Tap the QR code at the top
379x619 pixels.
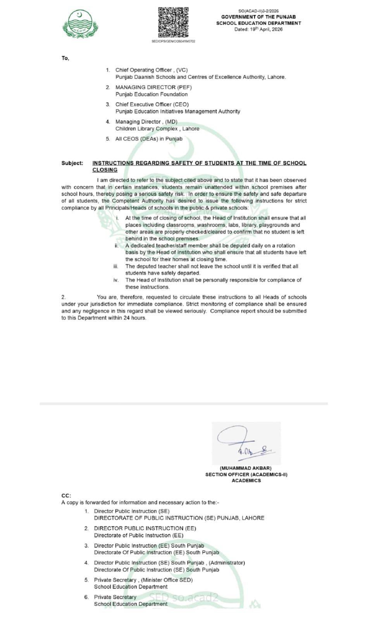click(x=173, y=22)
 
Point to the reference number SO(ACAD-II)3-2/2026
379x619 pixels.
click(x=258, y=11)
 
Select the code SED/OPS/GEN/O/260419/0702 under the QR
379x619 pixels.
click(x=173, y=41)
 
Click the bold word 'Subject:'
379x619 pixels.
click(x=72, y=163)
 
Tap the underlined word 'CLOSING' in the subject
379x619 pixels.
click(x=105, y=170)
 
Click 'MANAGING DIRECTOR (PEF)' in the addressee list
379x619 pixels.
click(x=153, y=87)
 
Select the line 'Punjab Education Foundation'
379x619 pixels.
click(x=152, y=94)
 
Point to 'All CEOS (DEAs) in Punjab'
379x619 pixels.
click(x=149, y=139)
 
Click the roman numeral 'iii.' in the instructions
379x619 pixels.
click(x=115, y=266)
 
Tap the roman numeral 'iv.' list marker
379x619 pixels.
click(x=116, y=280)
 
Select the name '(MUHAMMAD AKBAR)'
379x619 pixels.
click(x=246, y=468)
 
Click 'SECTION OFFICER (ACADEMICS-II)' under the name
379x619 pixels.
click(x=246, y=474)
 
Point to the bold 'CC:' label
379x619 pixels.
click(x=66, y=496)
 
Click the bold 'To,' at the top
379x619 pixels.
click(x=65, y=58)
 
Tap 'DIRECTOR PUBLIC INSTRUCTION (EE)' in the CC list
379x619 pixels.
click(x=145, y=528)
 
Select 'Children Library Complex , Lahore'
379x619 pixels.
click(x=157, y=129)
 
